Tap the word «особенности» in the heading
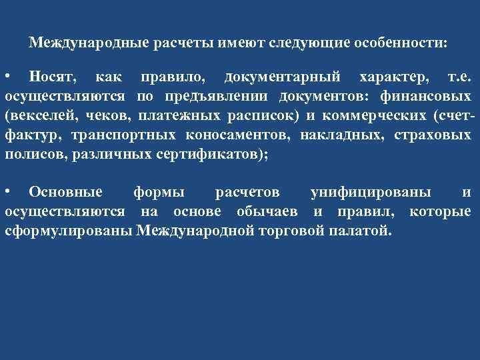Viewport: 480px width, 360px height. (402, 43)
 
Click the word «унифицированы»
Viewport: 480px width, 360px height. (371, 193)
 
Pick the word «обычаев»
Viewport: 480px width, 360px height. (271, 212)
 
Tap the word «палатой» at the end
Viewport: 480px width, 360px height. (366, 231)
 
